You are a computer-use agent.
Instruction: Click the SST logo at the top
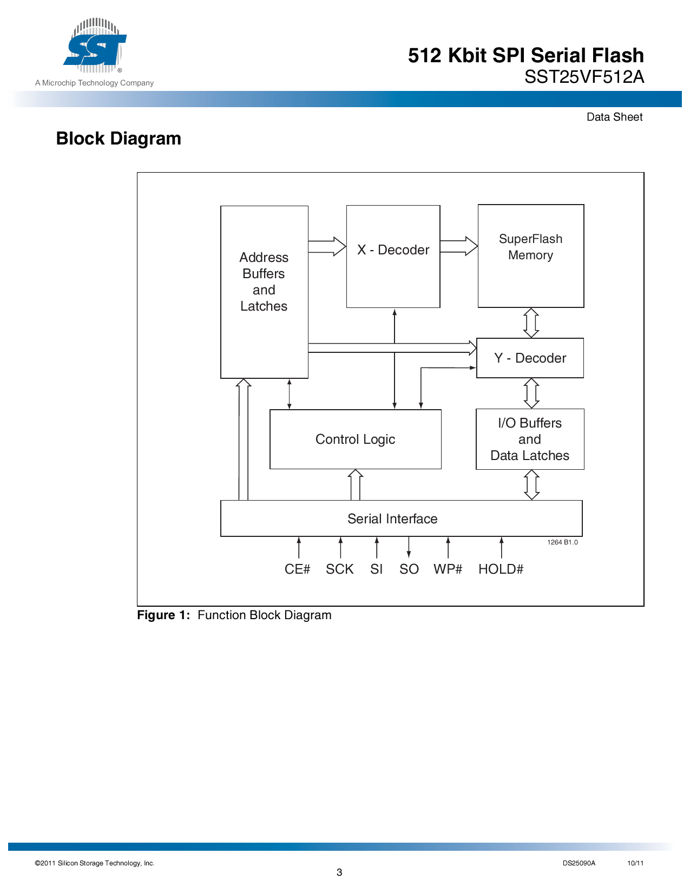(x=95, y=45)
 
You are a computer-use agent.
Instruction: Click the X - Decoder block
(x=393, y=257)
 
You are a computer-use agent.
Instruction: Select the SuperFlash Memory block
(x=530, y=255)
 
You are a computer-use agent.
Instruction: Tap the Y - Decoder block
(x=530, y=358)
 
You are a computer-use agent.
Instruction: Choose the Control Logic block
(x=356, y=439)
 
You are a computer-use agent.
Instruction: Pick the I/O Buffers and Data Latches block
(x=530, y=439)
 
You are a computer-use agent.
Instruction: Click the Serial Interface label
(x=392, y=518)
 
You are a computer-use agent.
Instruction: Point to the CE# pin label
(x=297, y=569)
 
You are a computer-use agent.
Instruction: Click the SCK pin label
(x=339, y=569)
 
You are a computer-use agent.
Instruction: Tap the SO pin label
(x=409, y=569)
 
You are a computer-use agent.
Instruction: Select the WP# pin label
(x=448, y=569)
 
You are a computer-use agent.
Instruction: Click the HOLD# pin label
(x=501, y=569)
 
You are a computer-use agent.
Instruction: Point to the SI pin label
(x=376, y=569)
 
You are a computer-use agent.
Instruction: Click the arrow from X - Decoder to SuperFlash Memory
(x=458, y=246)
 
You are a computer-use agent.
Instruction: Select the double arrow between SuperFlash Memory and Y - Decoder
(x=531, y=323)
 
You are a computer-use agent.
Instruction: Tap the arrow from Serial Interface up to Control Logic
(x=355, y=485)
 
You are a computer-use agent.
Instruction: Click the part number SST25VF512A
(x=584, y=77)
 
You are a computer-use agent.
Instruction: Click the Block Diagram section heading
(x=119, y=139)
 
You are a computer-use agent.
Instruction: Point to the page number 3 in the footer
(x=339, y=872)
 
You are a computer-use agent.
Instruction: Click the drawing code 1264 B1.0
(x=562, y=542)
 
